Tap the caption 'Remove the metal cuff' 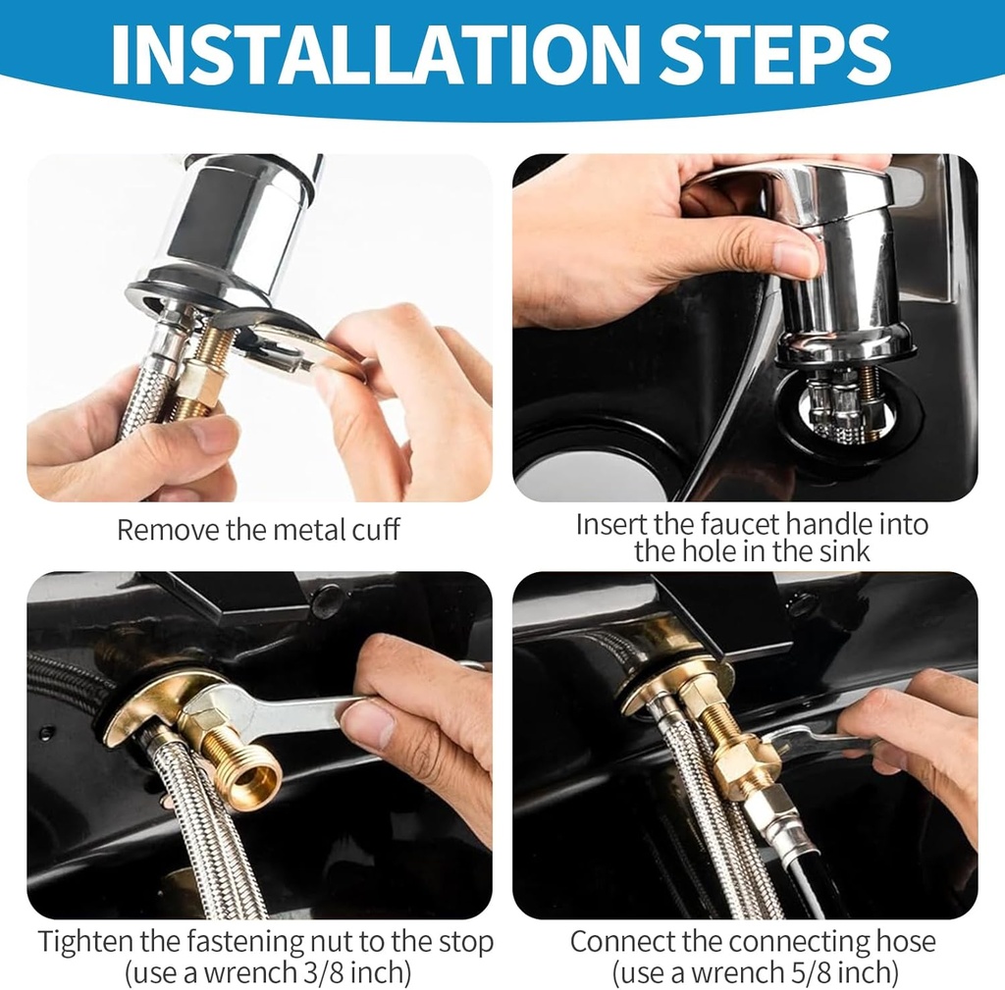[258, 530]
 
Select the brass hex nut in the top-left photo [202, 382]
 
